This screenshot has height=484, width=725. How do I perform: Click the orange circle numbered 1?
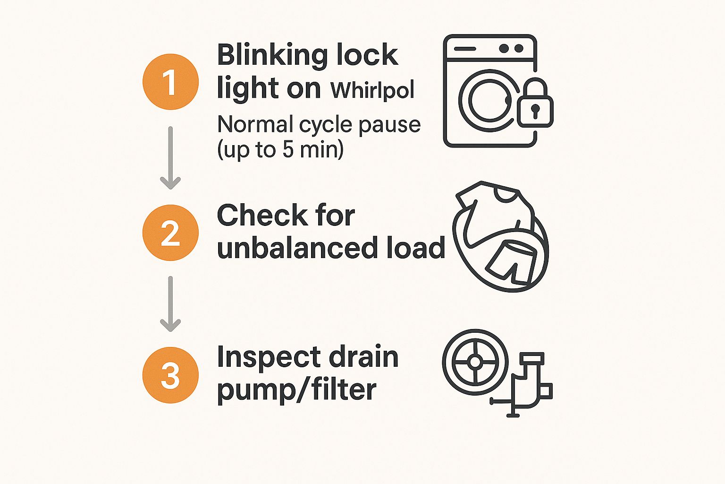[x=170, y=82]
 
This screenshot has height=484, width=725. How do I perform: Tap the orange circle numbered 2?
[x=170, y=233]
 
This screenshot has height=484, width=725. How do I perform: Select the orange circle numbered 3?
[x=170, y=375]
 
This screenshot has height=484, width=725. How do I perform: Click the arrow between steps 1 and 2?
[x=170, y=158]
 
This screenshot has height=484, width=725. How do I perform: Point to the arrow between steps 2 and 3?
[x=170, y=304]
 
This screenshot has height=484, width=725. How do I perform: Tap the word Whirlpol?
[x=372, y=90]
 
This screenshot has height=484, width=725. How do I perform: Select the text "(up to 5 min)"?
[x=280, y=150]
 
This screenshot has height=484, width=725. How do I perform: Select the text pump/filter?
[x=296, y=390]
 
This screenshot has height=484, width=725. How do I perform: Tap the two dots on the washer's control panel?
[x=511, y=48]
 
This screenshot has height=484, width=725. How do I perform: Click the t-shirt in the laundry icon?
[x=493, y=208]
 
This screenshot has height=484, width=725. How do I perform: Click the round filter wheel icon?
[x=475, y=362]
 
